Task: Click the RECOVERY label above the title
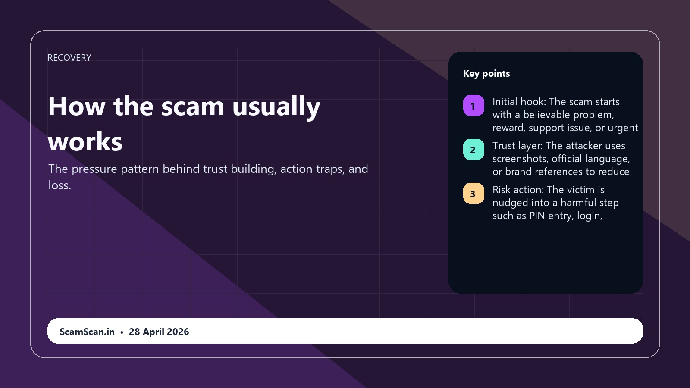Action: [x=69, y=58]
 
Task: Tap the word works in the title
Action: [x=85, y=142]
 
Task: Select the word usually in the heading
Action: [x=276, y=106]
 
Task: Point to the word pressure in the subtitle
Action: [x=94, y=169]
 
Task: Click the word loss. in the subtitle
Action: [x=60, y=185]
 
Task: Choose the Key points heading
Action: [x=486, y=74]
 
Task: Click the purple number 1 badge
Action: [x=474, y=106]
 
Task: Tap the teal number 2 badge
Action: [x=474, y=150]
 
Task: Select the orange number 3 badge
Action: [x=474, y=194]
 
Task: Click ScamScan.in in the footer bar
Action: [x=87, y=332]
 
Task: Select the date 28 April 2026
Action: [x=159, y=332]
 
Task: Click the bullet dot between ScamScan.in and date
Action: [x=122, y=332]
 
